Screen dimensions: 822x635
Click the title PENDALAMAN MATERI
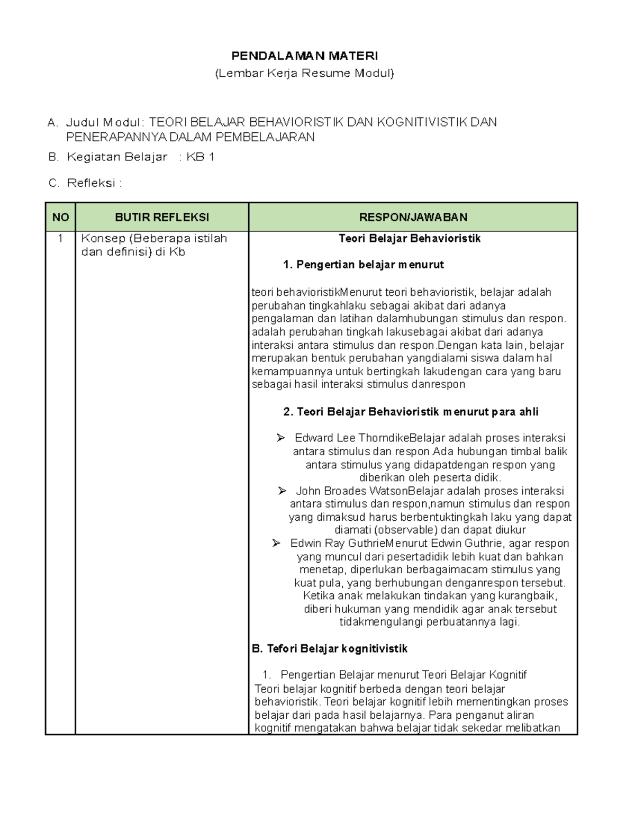click(x=305, y=56)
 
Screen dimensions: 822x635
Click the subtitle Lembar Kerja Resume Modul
click(x=305, y=73)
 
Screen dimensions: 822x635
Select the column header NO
click(x=60, y=217)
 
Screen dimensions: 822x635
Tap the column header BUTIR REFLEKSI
click(x=162, y=217)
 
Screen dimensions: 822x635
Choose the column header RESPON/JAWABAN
click(x=413, y=217)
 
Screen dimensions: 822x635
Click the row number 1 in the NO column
click(x=60, y=239)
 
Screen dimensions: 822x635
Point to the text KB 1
click(x=200, y=157)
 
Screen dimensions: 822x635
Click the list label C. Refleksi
click(x=85, y=183)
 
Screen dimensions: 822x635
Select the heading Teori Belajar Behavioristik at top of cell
click(x=410, y=239)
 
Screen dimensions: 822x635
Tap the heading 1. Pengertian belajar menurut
click(x=364, y=265)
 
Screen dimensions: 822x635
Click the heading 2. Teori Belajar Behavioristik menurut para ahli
click(x=411, y=412)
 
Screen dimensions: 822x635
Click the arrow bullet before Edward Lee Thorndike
click(x=280, y=438)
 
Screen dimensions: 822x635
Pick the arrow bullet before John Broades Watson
click(x=282, y=491)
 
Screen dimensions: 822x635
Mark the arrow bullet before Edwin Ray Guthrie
click(x=276, y=544)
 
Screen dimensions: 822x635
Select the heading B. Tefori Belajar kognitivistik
click(x=330, y=648)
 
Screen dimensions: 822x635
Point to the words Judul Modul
click(x=105, y=123)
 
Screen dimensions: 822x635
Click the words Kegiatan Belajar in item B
click(x=117, y=157)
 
